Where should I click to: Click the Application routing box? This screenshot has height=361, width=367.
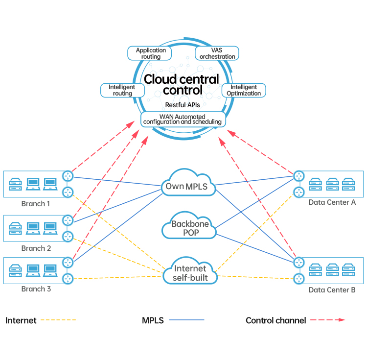(x=151, y=53)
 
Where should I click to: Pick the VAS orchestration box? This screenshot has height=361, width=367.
(x=217, y=53)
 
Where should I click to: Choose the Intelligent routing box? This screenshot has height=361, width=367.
(x=122, y=90)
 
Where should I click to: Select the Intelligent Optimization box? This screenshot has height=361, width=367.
(x=244, y=90)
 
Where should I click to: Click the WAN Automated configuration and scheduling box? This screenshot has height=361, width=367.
(x=183, y=119)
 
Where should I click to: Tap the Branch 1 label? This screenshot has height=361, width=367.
(x=36, y=203)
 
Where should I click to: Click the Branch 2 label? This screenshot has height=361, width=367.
(x=36, y=248)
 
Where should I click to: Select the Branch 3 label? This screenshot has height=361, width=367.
(x=36, y=289)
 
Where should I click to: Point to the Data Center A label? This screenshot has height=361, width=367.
(x=332, y=202)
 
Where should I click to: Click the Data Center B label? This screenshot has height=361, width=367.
(x=332, y=290)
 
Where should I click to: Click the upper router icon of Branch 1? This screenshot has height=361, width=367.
(x=68, y=176)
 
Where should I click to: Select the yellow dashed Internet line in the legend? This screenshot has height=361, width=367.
(x=58, y=320)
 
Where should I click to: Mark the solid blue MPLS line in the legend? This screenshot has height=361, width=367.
(x=186, y=320)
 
